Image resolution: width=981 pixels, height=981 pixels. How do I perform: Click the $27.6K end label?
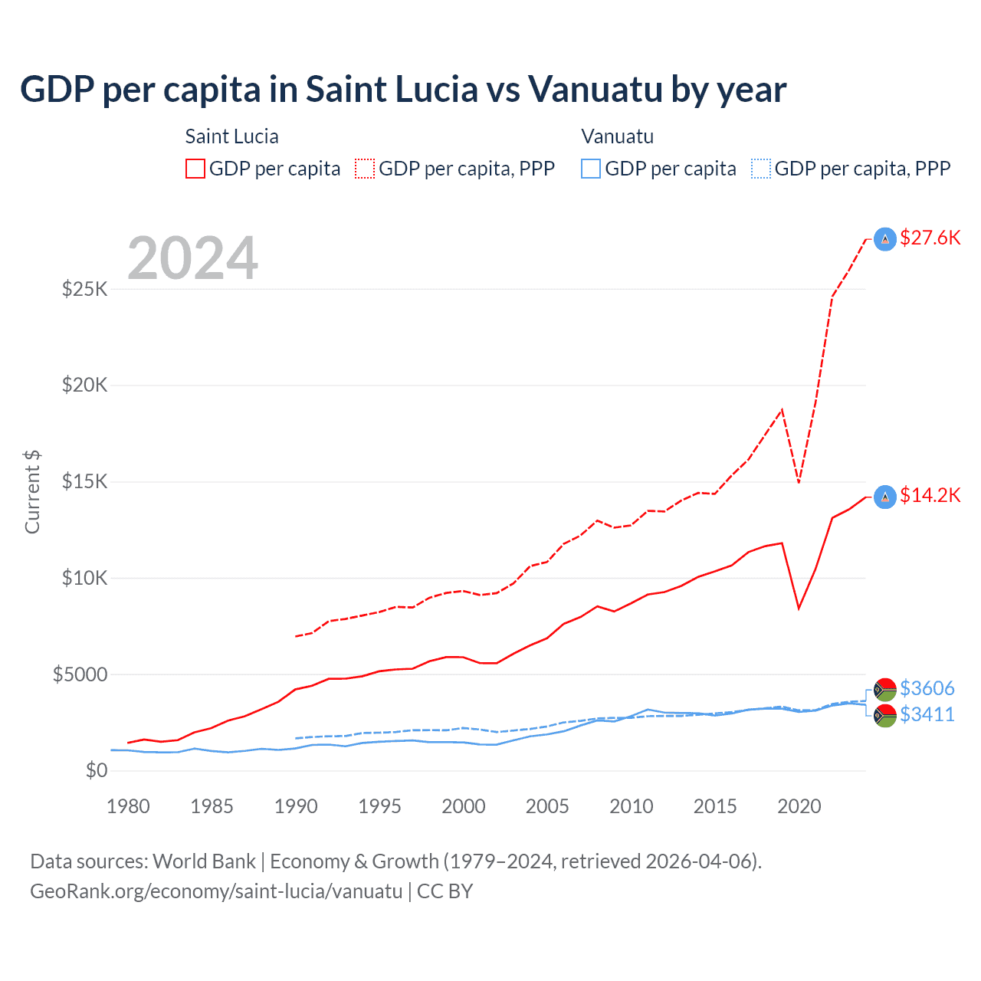pos(930,238)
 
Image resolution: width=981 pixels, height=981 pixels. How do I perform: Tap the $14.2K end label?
pos(930,495)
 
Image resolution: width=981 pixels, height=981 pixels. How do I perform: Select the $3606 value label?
pos(927,688)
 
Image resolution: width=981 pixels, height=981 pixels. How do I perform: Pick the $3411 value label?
pos(927,714)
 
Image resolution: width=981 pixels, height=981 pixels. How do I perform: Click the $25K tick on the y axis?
pos(85,290)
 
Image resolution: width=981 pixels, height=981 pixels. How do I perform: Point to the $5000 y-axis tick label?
pos(80,674)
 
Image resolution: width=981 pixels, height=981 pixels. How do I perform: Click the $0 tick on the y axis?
pos(96,770)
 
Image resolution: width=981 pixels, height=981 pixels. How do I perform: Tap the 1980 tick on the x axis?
pos(128,806)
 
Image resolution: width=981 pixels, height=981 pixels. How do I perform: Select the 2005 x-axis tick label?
pos(547,806)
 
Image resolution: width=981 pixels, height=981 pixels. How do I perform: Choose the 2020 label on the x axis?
pos(799,806)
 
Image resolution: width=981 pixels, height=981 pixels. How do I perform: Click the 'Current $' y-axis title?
pos(32,492)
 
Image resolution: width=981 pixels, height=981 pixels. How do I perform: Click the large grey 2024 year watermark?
pos(192,258)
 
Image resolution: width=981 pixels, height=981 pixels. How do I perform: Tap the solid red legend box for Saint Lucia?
pos(195,169)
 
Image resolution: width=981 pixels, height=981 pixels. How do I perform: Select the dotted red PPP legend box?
pos(365,169)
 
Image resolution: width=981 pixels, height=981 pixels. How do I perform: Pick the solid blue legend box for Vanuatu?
pos(591,169)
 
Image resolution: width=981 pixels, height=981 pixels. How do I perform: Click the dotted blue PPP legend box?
pos(761,169)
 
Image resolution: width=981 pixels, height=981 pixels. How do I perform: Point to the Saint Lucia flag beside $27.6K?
pos(885,239)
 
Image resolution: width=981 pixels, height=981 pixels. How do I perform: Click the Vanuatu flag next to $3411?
pos(885,716)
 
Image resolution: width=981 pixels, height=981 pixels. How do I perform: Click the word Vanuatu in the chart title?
pos(595,90)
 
